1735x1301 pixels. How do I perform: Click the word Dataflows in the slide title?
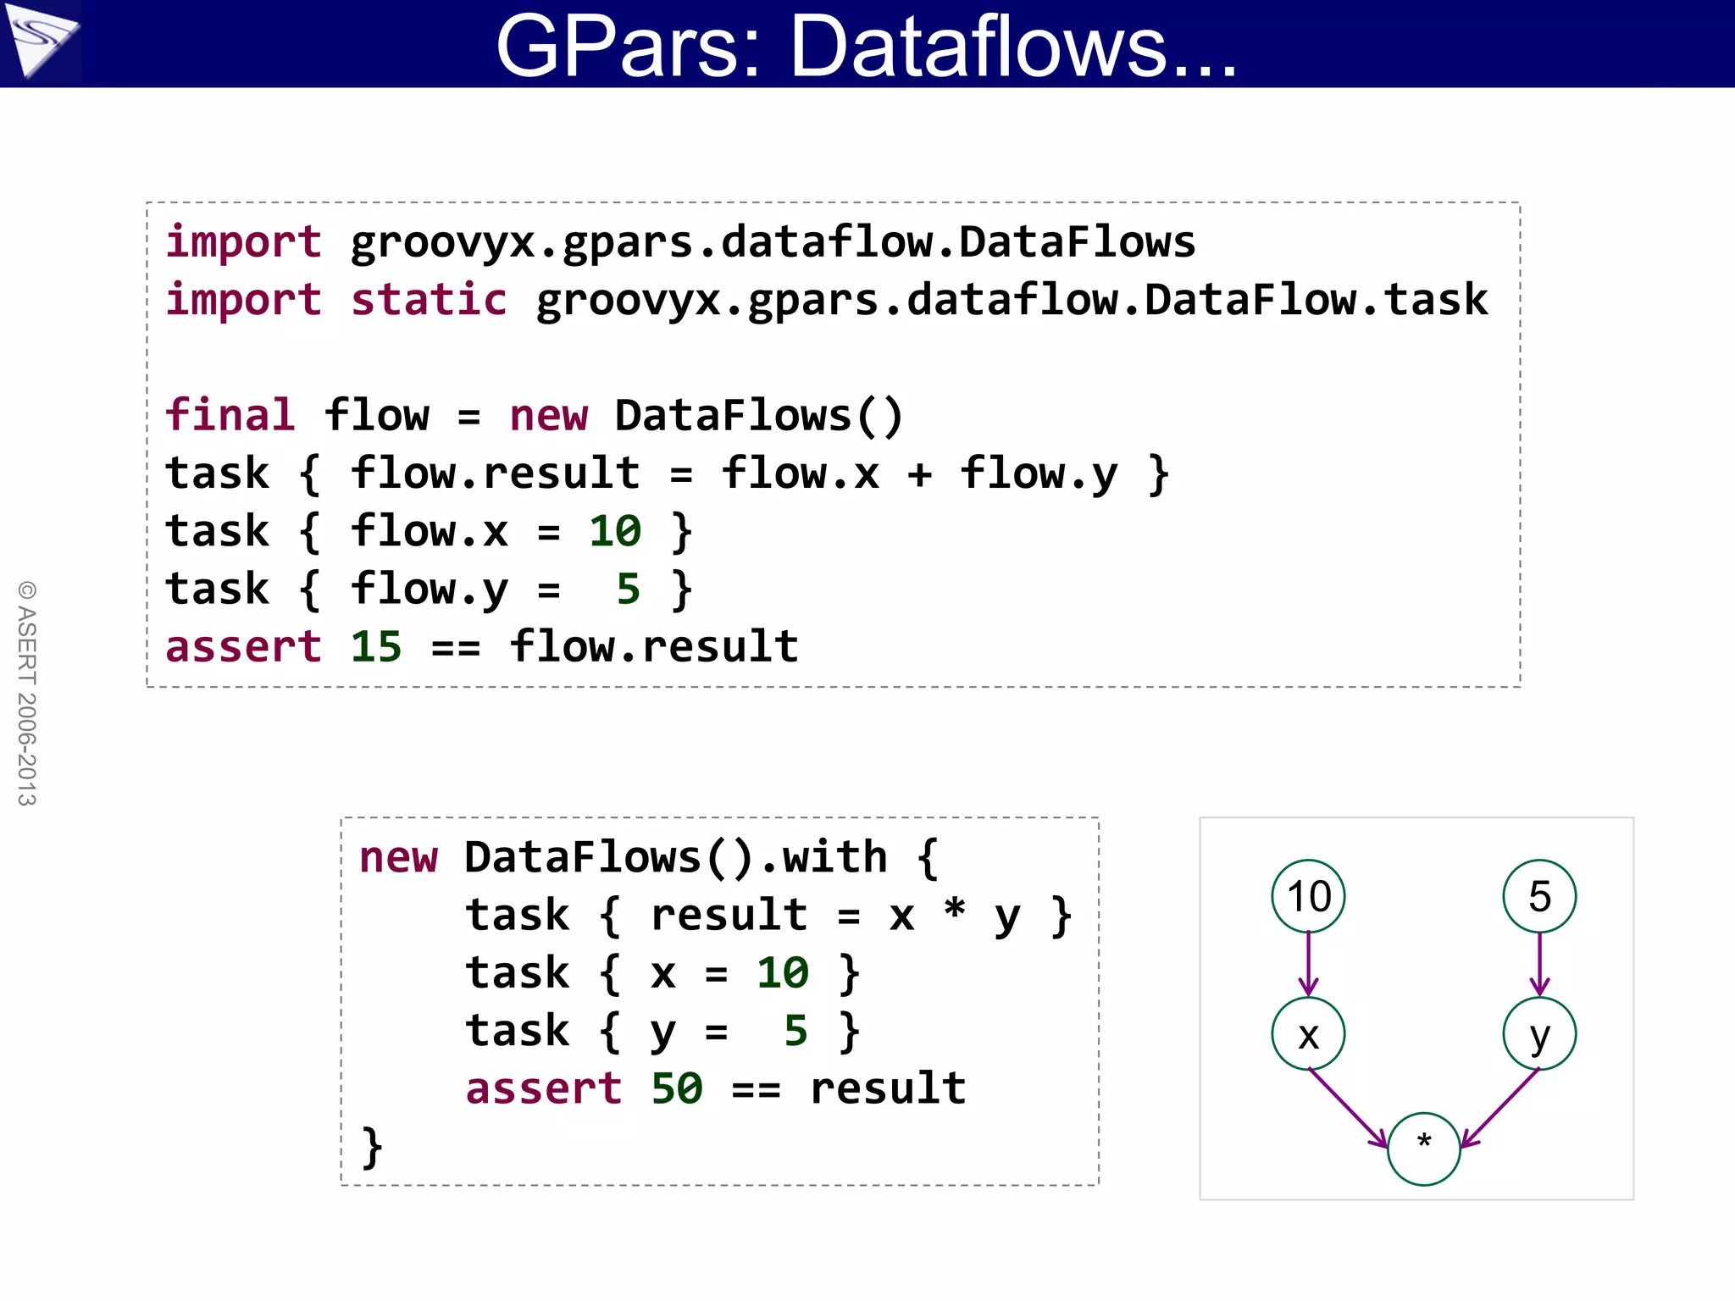click(x=1012, y=47)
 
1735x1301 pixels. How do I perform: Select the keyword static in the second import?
click(x=429, y=300)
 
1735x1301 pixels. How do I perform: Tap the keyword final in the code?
click(x=230, y=416)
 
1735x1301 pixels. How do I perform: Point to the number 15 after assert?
click(x=375, y=647)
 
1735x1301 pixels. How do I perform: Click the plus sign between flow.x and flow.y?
click(x=919, y=474)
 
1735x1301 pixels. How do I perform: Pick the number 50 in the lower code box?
click(x=676, y=1088)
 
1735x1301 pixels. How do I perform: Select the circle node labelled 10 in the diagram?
click(x=1308, y=896)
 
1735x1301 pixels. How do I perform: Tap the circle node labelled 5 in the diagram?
click(x=1539, y=896)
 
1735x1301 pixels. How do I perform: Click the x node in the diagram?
click(x=1308, y=1034)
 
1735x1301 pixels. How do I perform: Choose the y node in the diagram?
click(x=1539, y=1034)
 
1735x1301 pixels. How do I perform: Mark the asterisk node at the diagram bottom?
click(x=1423, y=1149)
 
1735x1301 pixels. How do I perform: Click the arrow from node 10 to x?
click(x=1308, y=964)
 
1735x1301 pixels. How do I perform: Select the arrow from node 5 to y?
click(x=1539, y=964)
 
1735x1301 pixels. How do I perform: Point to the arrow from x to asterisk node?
click(x=1349, y=1109)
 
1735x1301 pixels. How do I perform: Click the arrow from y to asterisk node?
click(x=1500, y=1109)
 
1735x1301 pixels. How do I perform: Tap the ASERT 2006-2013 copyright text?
click(x=27, y=693)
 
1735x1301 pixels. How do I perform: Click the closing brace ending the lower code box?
click(x=371, y=1147)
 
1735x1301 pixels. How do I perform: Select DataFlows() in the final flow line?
click(x=758, y=416)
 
